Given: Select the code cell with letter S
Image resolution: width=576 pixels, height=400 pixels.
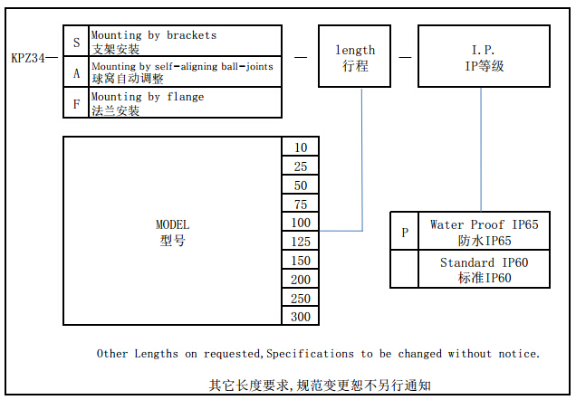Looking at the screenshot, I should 76,42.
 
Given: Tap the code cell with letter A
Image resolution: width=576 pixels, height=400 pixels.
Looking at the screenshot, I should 76,73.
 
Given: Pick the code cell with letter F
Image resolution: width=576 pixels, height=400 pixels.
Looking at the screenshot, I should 76,103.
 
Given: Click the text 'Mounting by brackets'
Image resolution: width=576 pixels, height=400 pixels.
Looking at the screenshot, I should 154,35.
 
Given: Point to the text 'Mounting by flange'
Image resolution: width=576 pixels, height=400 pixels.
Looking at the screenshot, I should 148,97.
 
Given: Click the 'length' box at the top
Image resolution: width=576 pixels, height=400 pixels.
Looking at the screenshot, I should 355,57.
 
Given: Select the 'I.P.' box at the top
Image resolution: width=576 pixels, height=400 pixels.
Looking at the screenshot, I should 483,57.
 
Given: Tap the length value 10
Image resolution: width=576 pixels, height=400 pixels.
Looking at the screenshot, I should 301,148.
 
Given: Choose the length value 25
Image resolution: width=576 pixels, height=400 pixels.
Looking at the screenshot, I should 301,167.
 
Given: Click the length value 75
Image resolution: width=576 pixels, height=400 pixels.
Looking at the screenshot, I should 301,205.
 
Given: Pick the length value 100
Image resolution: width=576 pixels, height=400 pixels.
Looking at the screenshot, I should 301,223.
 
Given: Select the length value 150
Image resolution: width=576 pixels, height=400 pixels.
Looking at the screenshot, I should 301,261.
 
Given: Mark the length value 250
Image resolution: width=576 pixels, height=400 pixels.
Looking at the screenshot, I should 301,299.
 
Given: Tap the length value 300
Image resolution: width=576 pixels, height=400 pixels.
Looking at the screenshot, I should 301,317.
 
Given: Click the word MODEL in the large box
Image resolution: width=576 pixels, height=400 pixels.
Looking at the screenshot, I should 173,224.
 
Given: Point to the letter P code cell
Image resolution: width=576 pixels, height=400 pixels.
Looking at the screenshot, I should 404,233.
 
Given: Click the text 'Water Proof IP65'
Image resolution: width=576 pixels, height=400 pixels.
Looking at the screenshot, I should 484,224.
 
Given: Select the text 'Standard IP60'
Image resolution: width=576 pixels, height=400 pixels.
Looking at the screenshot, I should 484,262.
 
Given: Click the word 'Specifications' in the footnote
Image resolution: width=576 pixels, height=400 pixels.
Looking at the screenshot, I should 312,353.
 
